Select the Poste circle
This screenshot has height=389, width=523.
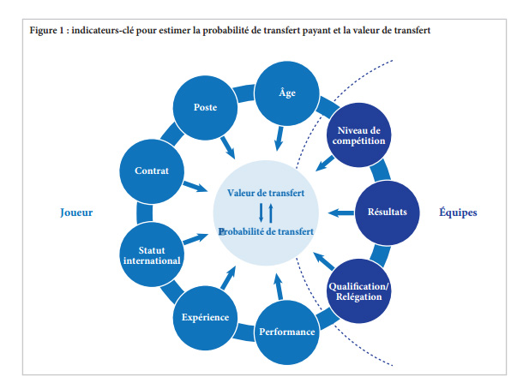[x=206, y=108]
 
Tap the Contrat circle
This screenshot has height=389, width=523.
[x=152, y=171]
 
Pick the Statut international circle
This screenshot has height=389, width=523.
[x=152, y=254]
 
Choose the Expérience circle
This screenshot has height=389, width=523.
[x=206, y=317]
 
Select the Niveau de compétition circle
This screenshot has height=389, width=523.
[x=360, y=135]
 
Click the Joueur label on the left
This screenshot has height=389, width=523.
[x=76, y=212]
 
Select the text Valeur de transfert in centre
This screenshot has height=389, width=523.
[x=266, y=193]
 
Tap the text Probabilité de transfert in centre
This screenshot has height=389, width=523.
[x=266, y=231]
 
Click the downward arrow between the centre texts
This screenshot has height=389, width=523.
[x=261, y=212]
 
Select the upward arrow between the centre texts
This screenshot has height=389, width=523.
[x=271, y=212]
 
